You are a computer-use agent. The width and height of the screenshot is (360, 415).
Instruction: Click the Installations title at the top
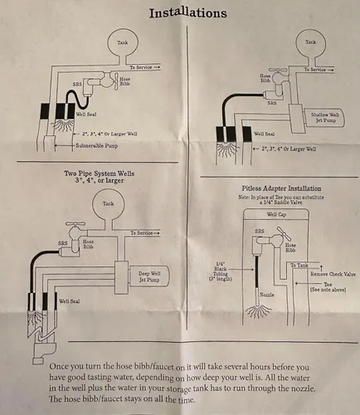[188, 13]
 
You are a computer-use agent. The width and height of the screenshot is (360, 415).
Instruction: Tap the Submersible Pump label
[97, 145]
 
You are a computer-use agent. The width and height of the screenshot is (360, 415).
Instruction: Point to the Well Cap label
[276, 214]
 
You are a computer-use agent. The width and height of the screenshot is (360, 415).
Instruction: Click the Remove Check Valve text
[333, 274]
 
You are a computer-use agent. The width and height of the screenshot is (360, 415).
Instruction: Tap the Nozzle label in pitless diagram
[267, 295]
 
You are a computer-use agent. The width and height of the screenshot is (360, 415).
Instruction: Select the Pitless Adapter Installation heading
[281, 188]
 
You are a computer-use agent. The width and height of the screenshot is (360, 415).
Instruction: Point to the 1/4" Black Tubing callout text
[221, 271]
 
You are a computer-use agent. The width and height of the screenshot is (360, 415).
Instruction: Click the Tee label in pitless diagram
[328, 284]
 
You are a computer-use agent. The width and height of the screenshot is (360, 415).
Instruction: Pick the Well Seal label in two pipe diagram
[70, 301]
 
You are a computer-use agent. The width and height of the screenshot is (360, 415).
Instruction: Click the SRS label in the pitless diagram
[260, 231]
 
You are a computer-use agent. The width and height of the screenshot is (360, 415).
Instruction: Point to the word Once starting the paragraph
[58, 367]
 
